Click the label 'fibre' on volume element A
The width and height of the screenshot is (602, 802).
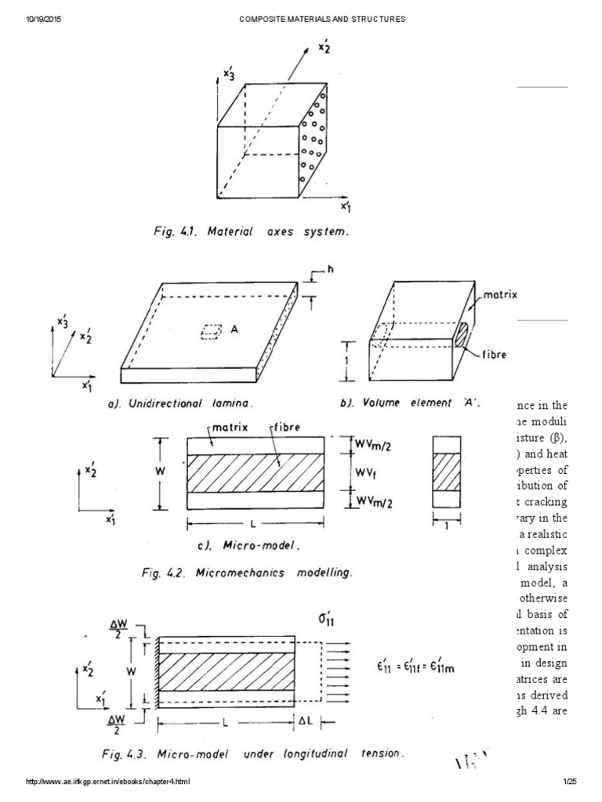[x=495, y=354]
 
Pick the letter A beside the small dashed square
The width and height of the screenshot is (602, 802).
[x=234, y=332]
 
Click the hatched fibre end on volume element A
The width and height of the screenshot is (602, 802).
[x=462, y=334]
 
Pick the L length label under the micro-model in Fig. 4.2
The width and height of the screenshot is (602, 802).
[x=255, y=521]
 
